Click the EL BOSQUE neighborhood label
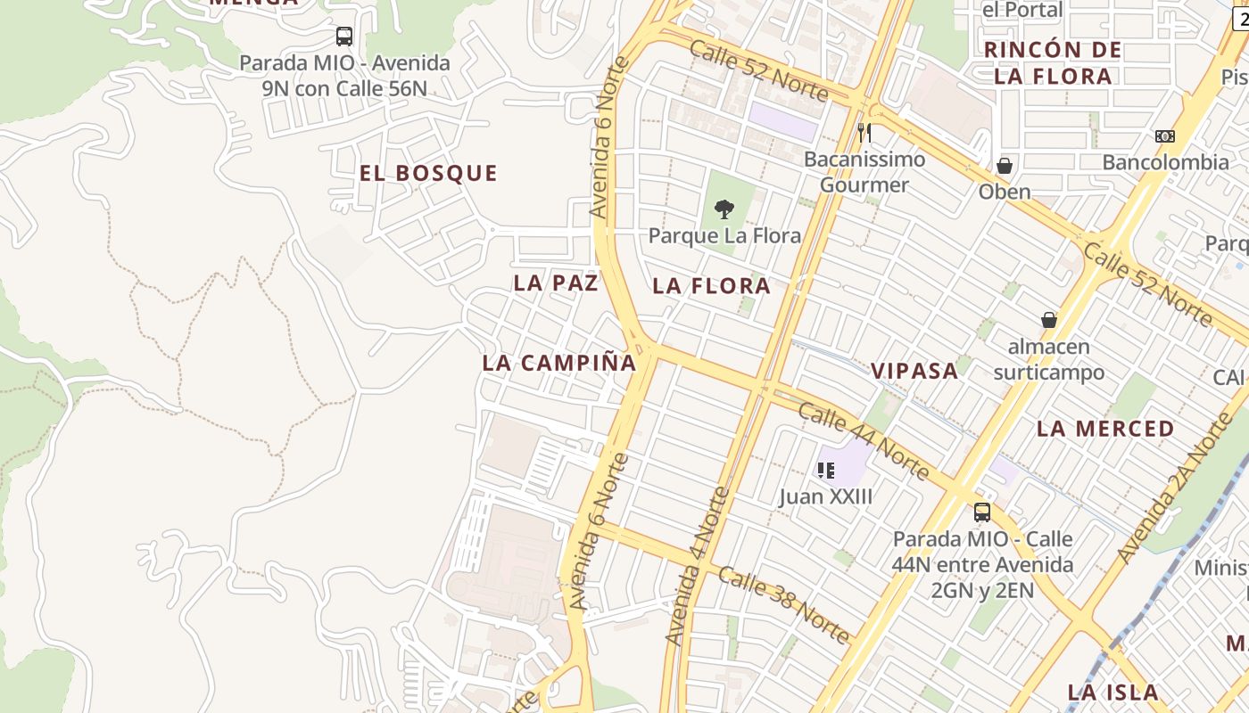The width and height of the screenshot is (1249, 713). (428, 173)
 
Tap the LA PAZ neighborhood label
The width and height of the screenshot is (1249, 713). (555, 283)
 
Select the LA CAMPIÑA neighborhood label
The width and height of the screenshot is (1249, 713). (559, 363)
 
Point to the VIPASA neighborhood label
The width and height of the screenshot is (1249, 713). (914, 371)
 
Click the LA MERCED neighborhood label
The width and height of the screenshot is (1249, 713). (1105, 429)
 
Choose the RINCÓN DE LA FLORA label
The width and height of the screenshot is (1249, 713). (1053, 62)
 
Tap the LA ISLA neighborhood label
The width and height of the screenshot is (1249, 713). (1113, 693)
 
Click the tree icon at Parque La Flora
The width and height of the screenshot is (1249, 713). (724, 210)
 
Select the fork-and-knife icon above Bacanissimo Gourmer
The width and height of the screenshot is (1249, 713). (864, 133)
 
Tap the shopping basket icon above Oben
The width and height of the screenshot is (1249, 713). (1005, 166)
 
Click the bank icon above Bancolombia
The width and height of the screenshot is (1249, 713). (1165, 136)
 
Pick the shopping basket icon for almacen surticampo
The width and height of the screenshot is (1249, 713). (1049, 320)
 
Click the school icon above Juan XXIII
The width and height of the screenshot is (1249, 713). (826, 470)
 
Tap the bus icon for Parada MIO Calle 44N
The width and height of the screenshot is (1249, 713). (982, 512)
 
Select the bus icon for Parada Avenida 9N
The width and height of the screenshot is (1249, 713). (344, 37)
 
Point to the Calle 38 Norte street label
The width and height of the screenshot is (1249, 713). (784, 604)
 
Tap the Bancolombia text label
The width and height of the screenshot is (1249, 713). (1165, 162)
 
